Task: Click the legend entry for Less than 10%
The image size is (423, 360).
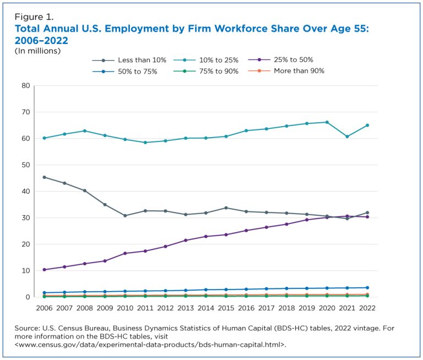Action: (129, 60)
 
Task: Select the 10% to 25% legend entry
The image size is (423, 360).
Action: (206, 60)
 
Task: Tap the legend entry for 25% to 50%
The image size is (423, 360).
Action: (280, 59)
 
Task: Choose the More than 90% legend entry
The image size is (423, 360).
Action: (286, 71)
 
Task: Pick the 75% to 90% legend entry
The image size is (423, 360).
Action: (206, 72)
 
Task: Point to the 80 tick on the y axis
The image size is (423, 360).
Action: (26, 86)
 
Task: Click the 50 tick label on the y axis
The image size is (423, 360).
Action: (26, 165)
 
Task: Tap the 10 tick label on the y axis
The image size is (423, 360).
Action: (26, 271)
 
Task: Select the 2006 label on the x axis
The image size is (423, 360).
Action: (44, 308)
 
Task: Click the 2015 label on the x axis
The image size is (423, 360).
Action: (226, 308)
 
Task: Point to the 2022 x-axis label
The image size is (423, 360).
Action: (367, 308)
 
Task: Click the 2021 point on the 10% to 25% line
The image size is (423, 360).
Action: (347, 137)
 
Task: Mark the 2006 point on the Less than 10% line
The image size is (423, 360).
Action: (44, 177)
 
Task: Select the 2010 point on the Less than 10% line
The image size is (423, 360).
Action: (125, 215)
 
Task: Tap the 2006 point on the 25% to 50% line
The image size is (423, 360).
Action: (44, 270)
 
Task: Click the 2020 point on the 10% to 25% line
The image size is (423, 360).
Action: (327, 122)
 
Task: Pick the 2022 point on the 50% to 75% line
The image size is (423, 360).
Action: (367, 288)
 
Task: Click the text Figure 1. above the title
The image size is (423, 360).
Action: (34, 17)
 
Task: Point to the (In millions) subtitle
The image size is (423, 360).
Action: (37, 51)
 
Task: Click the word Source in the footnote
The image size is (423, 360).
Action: (27, 328)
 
